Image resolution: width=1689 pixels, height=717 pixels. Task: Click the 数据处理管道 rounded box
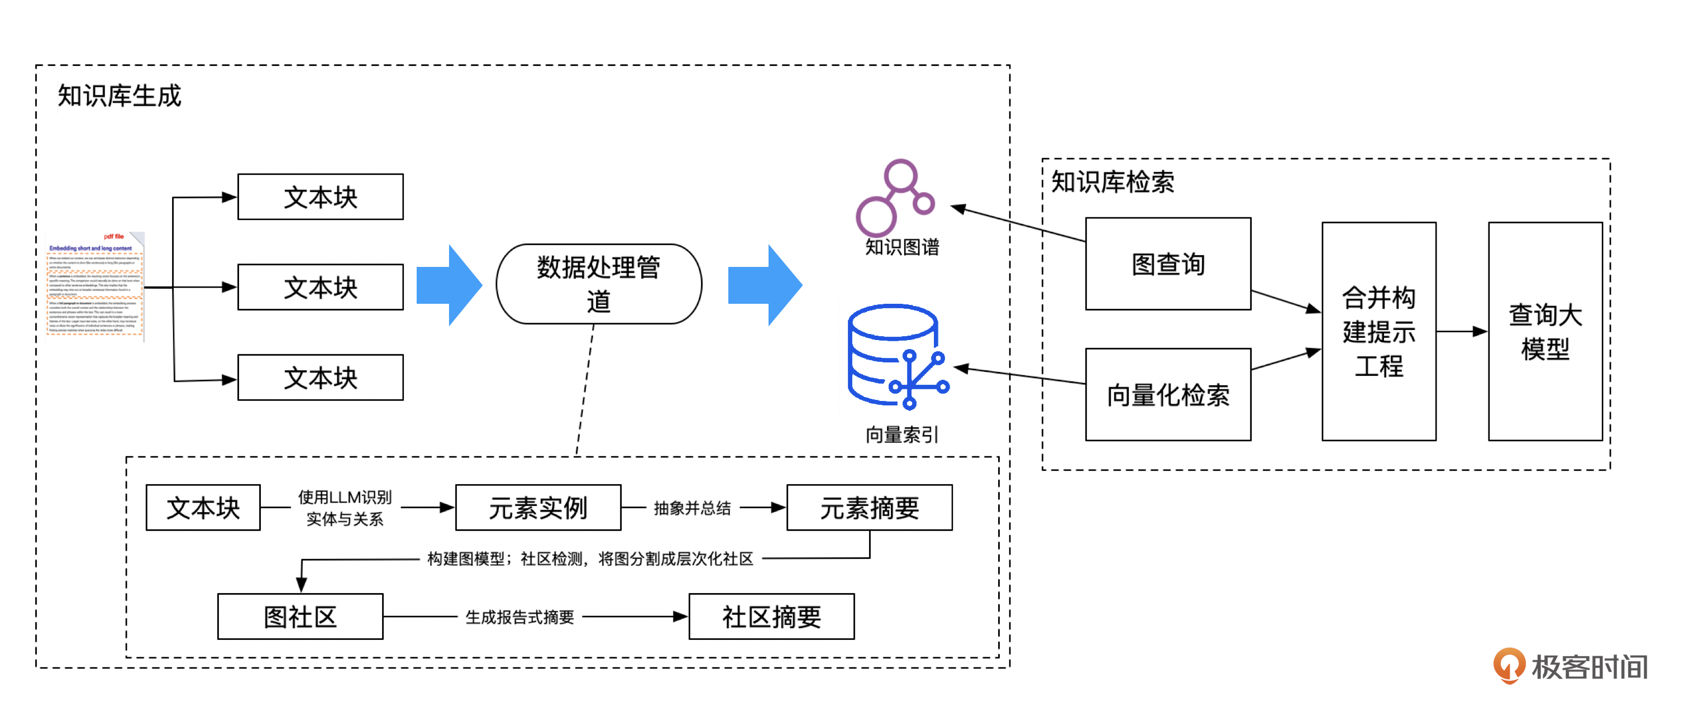click(598, 284)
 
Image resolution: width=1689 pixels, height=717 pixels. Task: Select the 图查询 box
click(1168, 264)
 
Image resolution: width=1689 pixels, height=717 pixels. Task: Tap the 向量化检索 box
click(1168, 395)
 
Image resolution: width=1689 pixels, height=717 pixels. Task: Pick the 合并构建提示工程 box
click(1378, 331)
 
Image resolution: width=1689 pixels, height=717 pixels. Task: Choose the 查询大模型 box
click(1545, 331)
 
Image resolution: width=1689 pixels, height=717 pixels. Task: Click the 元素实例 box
click(538, 507)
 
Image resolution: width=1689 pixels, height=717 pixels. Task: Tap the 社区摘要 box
click(771, 616)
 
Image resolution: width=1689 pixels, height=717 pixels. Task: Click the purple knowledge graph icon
click(894, 197)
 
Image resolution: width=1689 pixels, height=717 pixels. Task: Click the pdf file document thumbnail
click(96, 286)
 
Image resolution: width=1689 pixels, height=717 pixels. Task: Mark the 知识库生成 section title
click(120, 95)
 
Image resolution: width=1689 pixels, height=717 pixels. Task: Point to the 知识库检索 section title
click(1113, 181)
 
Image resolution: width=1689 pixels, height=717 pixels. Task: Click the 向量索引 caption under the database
click(901, 434)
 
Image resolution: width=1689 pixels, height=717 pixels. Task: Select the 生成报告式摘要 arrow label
click(519, 616)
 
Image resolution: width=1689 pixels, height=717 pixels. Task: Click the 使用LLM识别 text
click(344, 497)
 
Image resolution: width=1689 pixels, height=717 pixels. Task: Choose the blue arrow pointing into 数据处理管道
click(449, 285)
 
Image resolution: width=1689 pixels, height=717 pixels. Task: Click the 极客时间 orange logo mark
click(1508, 665)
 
